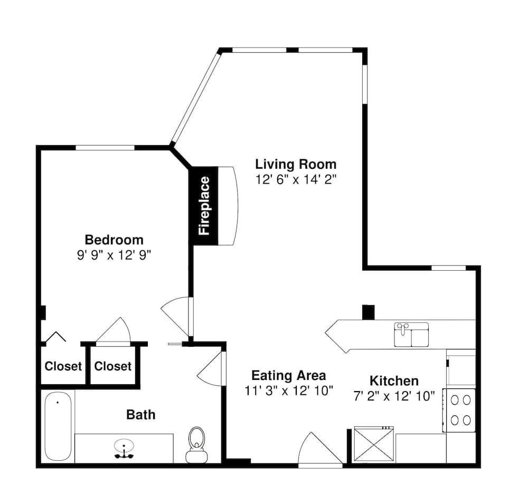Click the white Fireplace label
(x=204, y=206)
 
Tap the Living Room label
(x=296, y=164)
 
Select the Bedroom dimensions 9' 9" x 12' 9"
(x=114, y=255)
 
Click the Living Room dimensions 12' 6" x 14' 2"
(x=296, y=179)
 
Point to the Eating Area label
(x=289, y=375)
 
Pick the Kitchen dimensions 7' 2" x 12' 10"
(x=394, y=396)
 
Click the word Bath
(x=141, y=415)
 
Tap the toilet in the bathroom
(x=196, y=444)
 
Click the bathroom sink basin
(x=124, y=447)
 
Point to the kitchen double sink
(x=411, y=335)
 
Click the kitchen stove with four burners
(x=459, y=410)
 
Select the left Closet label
(x=63, y=366)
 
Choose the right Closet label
(x=113, y=366)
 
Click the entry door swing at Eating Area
(x=320, y=449)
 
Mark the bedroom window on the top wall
(x=105, y=147)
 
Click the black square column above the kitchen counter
(x=368, y=312)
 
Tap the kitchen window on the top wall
(x=448, y=268)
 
